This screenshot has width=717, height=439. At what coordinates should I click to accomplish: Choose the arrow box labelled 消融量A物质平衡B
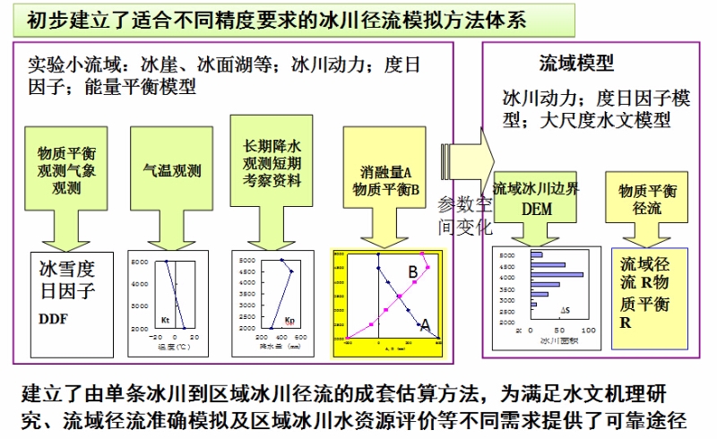coord(385,178)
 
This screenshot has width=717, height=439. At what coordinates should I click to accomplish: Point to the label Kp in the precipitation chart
coord(289,319)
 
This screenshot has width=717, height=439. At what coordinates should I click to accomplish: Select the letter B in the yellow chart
coord(413,271)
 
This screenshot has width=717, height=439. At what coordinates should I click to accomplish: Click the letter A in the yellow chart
coord(426,324)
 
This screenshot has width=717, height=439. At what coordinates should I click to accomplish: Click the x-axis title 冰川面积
coord(556,340)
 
